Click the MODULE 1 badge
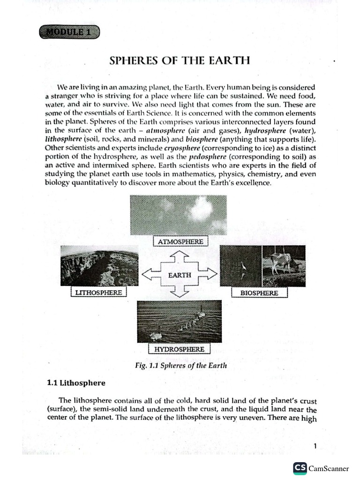(70, 33)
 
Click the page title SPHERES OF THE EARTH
(179, 61)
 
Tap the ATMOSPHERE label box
(180, 241)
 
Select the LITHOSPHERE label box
(98, 292)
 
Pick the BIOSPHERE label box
(259, 292)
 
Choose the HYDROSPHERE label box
(180, 349)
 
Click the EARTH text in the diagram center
(180, 275)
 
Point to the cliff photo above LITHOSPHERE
(99, 266)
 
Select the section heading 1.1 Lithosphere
(75, 383)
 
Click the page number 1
(315, 446)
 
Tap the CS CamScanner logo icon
(300, 468)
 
